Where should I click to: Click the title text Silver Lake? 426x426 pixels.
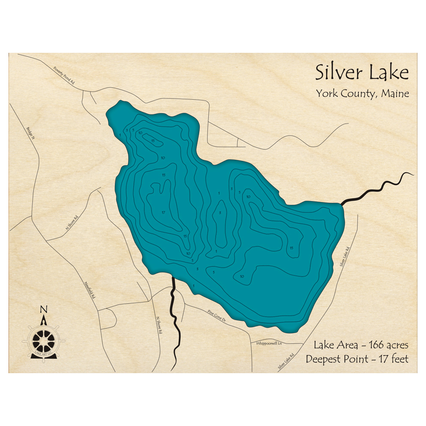pos(362,73)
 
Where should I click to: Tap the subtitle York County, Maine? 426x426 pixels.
pos(362,93)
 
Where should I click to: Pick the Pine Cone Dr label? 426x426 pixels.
pos(216,315)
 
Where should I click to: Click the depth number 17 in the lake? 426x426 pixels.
pos(163,213)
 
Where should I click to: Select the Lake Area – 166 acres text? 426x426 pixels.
pos(361,345)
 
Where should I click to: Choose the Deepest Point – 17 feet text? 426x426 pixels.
pos(357,359)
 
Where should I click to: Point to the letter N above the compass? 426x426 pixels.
pos(44,310)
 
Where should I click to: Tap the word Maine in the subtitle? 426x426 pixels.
pos(395,93)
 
